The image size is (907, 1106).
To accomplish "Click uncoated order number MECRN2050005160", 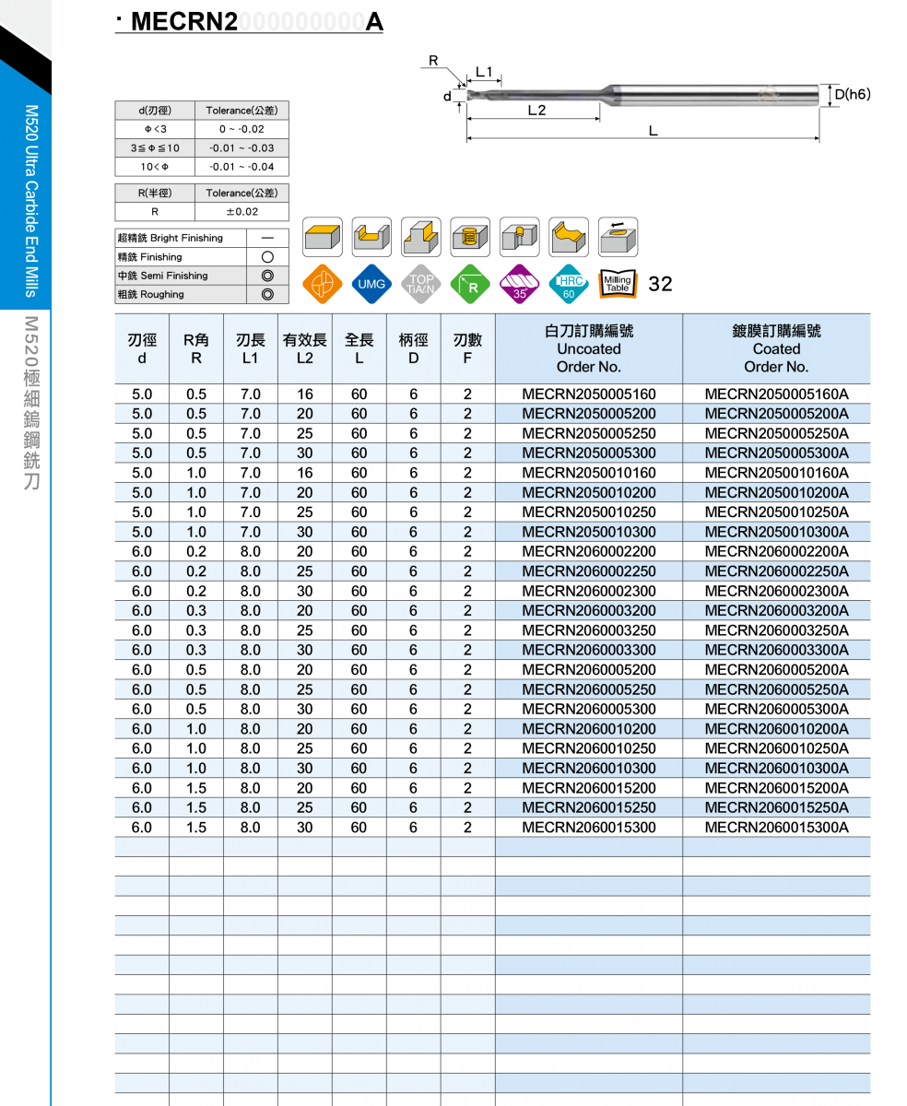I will tap(588, 394).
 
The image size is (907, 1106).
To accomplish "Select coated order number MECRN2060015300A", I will tap(776, 828).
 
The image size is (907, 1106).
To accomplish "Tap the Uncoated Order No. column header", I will tap(588, 349).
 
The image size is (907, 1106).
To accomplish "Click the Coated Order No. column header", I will tap(776, 349).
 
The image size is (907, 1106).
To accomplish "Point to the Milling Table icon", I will tap(618, 284).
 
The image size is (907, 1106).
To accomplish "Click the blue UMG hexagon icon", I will tap(371, 285).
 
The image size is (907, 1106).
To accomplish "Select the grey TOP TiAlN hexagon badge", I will tap(420, 285).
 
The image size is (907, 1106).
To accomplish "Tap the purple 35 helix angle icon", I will tap(519, 285).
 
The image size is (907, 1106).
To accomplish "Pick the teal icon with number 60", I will tap(568, 285).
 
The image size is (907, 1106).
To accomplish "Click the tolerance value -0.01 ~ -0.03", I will tap(241, 148).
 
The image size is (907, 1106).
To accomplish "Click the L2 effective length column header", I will tap(305, 349).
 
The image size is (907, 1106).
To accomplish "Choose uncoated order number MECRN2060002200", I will tap(588, 552).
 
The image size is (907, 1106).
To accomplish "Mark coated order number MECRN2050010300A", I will tap(776, 532).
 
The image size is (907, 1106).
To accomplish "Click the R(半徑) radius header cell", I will tap(155, 194).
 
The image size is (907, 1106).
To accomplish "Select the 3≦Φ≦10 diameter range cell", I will tap(155, 148).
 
